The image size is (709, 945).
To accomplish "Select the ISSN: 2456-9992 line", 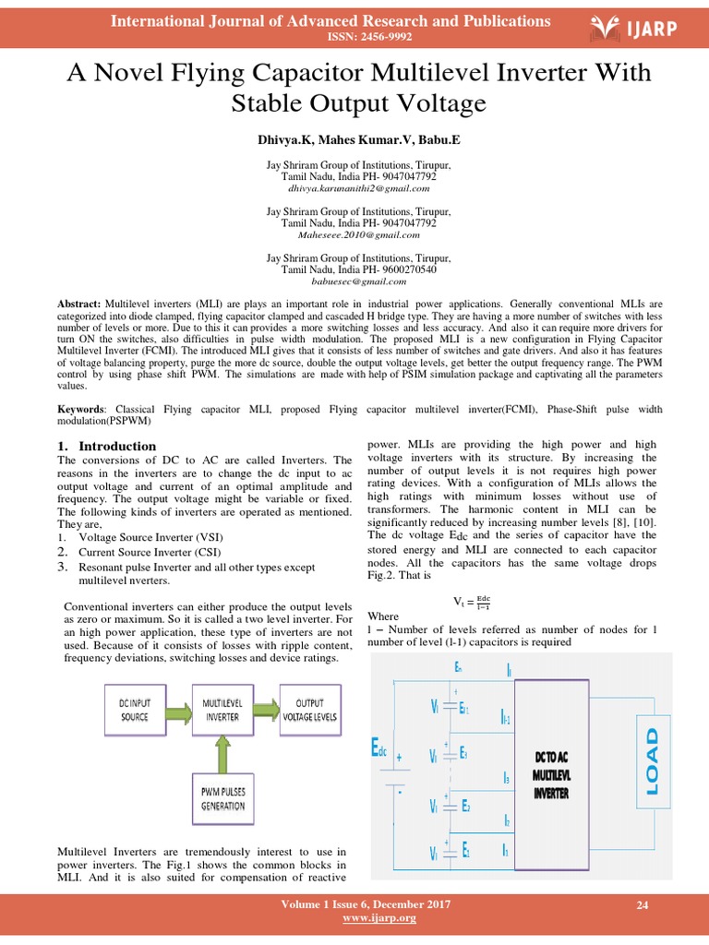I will (355, 37).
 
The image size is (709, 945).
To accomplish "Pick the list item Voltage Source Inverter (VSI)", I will (151, 537).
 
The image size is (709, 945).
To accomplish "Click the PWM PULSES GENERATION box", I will (222, 797).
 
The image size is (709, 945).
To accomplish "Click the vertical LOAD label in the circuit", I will (654, 761).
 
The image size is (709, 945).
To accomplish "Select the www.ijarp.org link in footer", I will (367, 918).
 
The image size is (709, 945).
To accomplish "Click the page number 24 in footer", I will (643, 906).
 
